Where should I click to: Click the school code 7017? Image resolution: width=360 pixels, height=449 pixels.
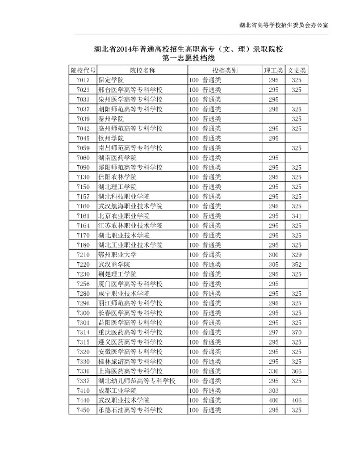coord(82,80)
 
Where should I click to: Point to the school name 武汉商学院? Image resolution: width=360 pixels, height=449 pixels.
coord(114,264)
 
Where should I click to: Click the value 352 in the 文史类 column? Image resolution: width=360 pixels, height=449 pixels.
coord(296,264)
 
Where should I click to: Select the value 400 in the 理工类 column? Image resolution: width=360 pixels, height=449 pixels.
coord(274,400)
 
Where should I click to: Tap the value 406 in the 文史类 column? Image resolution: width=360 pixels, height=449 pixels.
coord(296,400)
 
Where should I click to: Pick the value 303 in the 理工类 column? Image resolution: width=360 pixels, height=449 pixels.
coord(274,390)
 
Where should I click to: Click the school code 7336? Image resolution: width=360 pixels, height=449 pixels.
coord(82,370)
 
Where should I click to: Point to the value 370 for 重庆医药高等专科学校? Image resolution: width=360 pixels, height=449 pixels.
coord(296,331)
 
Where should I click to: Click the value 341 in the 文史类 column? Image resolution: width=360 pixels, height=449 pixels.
coord(296,216)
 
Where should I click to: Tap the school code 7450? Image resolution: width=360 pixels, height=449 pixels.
coord(82,409)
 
